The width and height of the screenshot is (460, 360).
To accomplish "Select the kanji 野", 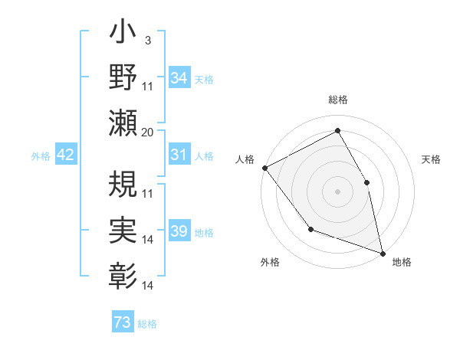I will click(x=123, y=77).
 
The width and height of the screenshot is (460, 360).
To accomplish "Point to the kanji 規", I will click(x=123, y=182).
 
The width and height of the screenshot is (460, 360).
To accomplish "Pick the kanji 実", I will click(x=123, y=227).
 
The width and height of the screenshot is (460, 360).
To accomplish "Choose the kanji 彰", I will click(x=123, y=273).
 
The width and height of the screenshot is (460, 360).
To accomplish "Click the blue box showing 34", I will click(x=179, y=77).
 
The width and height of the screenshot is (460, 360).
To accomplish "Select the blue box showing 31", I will click(x=179, y=155).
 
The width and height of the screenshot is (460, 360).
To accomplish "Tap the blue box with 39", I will click(x=179, y=232).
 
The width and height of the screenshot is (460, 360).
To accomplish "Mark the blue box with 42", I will click(x=66, y=155).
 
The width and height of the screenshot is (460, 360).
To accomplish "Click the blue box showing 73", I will click(x=123, y=322).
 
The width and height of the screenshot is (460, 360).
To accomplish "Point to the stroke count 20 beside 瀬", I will click(x=148, y=132).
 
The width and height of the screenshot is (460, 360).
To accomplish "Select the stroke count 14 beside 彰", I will click(x=148, y=286).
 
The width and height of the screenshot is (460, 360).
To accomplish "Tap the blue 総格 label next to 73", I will click(x=147, y=324).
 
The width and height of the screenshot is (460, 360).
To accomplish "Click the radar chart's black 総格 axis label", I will click(x=337, y=100).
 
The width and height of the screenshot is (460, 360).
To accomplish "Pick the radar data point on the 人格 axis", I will click(x=264, y=168).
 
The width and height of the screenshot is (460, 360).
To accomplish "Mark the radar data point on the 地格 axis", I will click(x=383, y=252).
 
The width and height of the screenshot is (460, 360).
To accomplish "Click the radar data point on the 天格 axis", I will click(x=366, y=182).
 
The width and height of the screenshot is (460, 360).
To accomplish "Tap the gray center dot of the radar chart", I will click(x=337, y=191).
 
